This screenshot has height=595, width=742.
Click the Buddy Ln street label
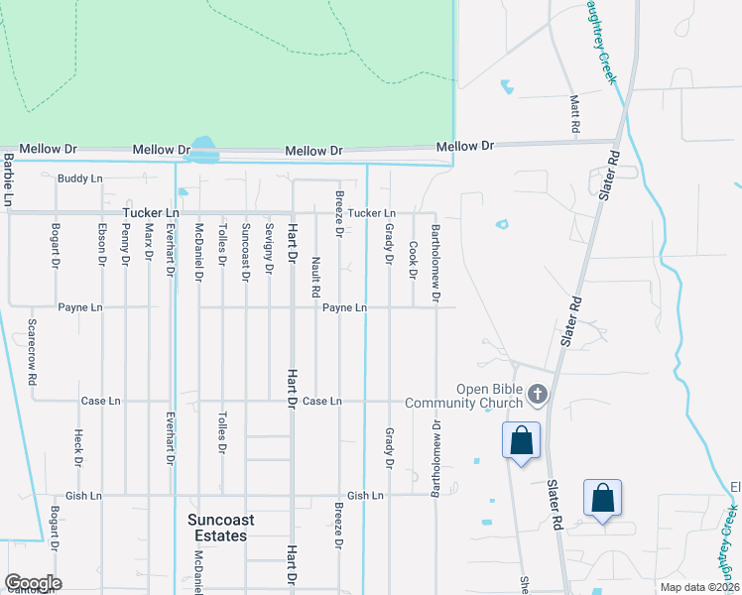pos(80,178)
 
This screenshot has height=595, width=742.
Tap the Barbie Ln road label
pos(8,179)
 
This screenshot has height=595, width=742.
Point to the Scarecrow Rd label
pos(33,352)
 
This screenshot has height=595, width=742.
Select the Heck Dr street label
pos(78,447)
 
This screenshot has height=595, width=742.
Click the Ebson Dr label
pos(102,244)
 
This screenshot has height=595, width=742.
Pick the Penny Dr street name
pos(126,244)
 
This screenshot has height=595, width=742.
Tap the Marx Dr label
pos(149,241)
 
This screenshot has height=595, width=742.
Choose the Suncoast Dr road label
pos(245,252)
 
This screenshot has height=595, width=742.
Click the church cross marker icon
pos(537,395)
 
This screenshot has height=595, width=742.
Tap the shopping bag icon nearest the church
pos(521,440)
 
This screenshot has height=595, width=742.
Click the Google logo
pos(33,583)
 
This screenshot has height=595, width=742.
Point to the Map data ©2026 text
pos(699,587)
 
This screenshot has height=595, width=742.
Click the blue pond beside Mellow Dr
pos(205,149)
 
